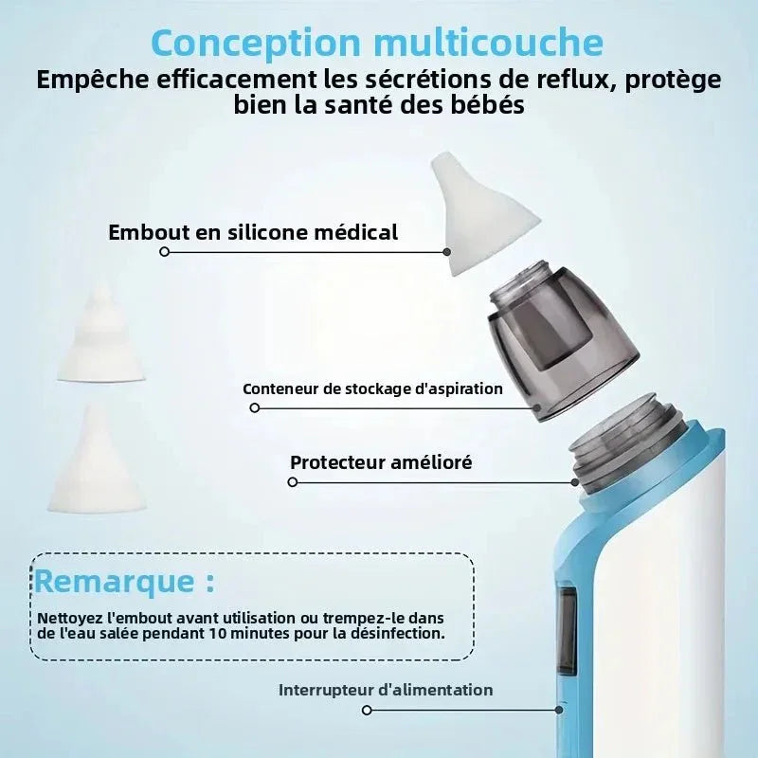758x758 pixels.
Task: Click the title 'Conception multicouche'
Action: (376, 43)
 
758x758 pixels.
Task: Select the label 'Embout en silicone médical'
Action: (253, 232)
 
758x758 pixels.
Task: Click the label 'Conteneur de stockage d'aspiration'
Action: (372, 388)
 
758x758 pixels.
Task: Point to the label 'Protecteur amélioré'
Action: (381, 462)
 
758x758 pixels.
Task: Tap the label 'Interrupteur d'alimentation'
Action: (386, 690)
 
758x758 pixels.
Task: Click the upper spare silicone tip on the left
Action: (100, 336)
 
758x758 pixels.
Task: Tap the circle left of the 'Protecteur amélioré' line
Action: (293, 482)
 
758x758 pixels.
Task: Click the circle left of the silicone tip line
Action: (165, 252)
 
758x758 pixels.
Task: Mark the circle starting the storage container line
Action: (254, 408)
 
